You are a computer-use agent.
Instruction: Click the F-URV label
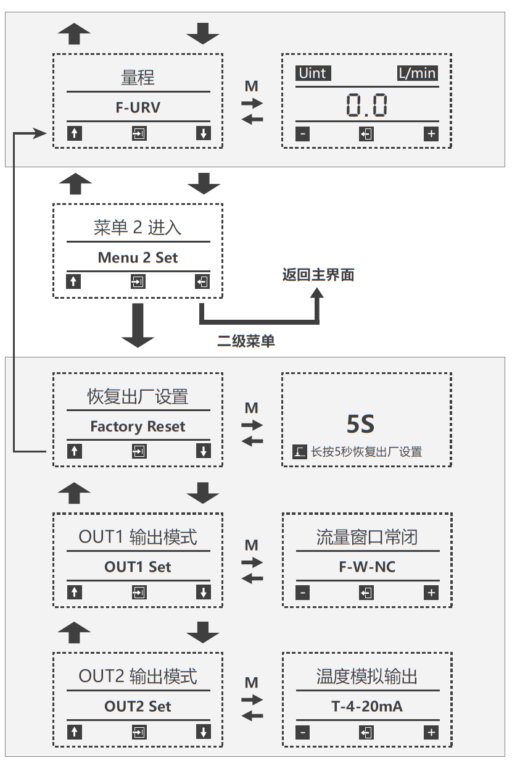(138, 107)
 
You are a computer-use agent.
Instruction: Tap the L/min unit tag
(417, 73)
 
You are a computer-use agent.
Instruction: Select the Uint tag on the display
(313, 73)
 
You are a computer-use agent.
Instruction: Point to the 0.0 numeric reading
(366, 105)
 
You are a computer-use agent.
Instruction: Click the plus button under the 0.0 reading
(431, 133)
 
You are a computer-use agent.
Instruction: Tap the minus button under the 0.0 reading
(302, 133)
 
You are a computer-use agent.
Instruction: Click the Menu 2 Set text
(138, 258)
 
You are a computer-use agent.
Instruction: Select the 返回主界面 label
(318, 275)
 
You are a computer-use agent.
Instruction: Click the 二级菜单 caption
(246, 341)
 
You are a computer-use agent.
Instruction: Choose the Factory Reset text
(138, 427)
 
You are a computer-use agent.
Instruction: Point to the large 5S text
(360, 425)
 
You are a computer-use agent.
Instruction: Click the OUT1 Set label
(138, 567)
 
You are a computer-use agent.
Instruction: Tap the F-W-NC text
(367, 567)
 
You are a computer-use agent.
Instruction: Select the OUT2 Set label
(138, 706)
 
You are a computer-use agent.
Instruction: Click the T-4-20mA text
(367, 706)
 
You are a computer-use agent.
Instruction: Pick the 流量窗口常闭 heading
(367, 538)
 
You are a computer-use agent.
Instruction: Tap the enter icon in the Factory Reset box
(139, 451)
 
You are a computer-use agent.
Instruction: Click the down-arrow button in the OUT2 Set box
(203, 732)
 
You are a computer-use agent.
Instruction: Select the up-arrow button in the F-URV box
(74, 133)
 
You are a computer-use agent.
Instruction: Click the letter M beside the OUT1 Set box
(251, 546)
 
